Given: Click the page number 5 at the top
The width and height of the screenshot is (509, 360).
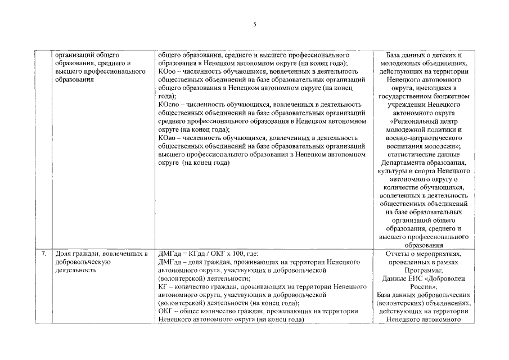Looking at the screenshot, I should (255, 24).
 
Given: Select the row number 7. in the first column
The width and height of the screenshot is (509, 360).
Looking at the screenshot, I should (43, 254).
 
